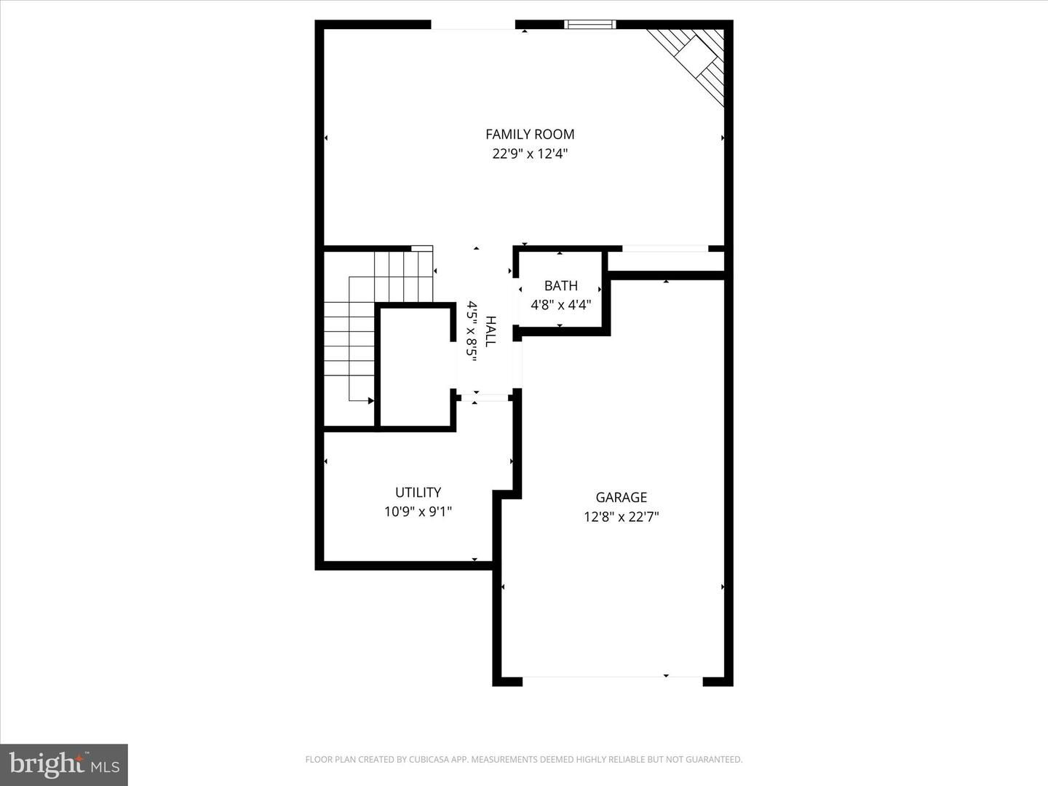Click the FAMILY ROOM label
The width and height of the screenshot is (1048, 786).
(530, 135)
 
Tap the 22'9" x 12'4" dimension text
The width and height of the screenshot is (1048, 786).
(530, 154)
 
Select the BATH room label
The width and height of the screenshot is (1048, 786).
(561, 286)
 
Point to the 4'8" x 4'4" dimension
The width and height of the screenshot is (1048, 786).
(561, 304)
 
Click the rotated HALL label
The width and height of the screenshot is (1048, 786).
(491, 331)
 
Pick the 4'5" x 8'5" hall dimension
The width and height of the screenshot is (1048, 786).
(472, 331)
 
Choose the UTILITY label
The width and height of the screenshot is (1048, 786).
(418, 492)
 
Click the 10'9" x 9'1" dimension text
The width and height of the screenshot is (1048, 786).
(418, 512)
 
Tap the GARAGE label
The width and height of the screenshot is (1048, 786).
(622, 497)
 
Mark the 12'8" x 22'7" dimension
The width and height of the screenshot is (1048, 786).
(622, 517)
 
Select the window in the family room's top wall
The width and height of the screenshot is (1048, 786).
(590, 24)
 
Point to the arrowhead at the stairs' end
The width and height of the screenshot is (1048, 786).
(371, 401)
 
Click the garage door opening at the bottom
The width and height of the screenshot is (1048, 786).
(613, 677)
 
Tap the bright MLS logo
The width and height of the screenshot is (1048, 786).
(64, 765)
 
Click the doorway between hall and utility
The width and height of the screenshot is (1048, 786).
(483, 397)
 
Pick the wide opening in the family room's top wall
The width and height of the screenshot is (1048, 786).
(473, 25)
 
